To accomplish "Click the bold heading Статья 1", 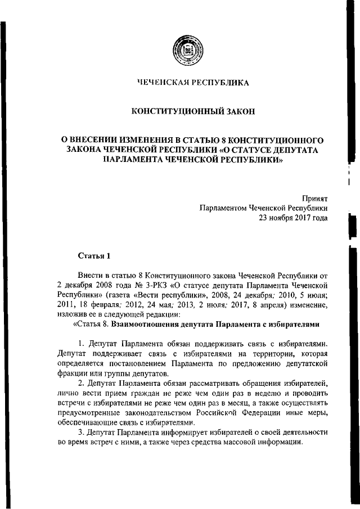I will [x=93, y=256].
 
